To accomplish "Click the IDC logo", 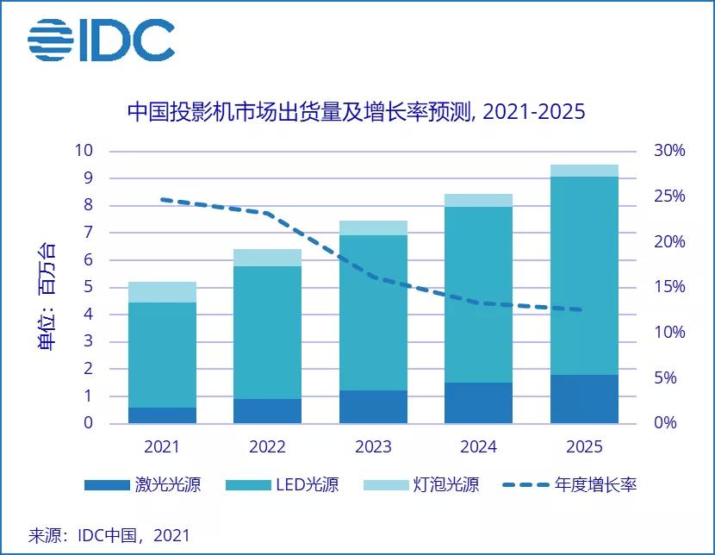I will coord(101,40).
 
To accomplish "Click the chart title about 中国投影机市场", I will coord(356,112).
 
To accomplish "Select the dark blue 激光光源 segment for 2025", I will coord(584,399).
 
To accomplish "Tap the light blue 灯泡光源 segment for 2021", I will coord(162,292).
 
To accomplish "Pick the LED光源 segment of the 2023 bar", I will coord(373,313).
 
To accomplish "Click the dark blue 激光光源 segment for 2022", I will coord(267,411).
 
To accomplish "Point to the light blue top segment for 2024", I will coord(478,201).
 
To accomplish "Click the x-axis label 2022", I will coord(267,447).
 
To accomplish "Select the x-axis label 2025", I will coord(584,447).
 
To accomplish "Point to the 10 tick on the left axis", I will coord(83,151).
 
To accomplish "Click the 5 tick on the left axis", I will coord(87,288).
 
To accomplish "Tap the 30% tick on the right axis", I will coord(668,151).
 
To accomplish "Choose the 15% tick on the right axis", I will coord(668,287).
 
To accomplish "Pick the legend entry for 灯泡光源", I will coord(421,484).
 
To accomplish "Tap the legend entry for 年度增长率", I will coord(568,484).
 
